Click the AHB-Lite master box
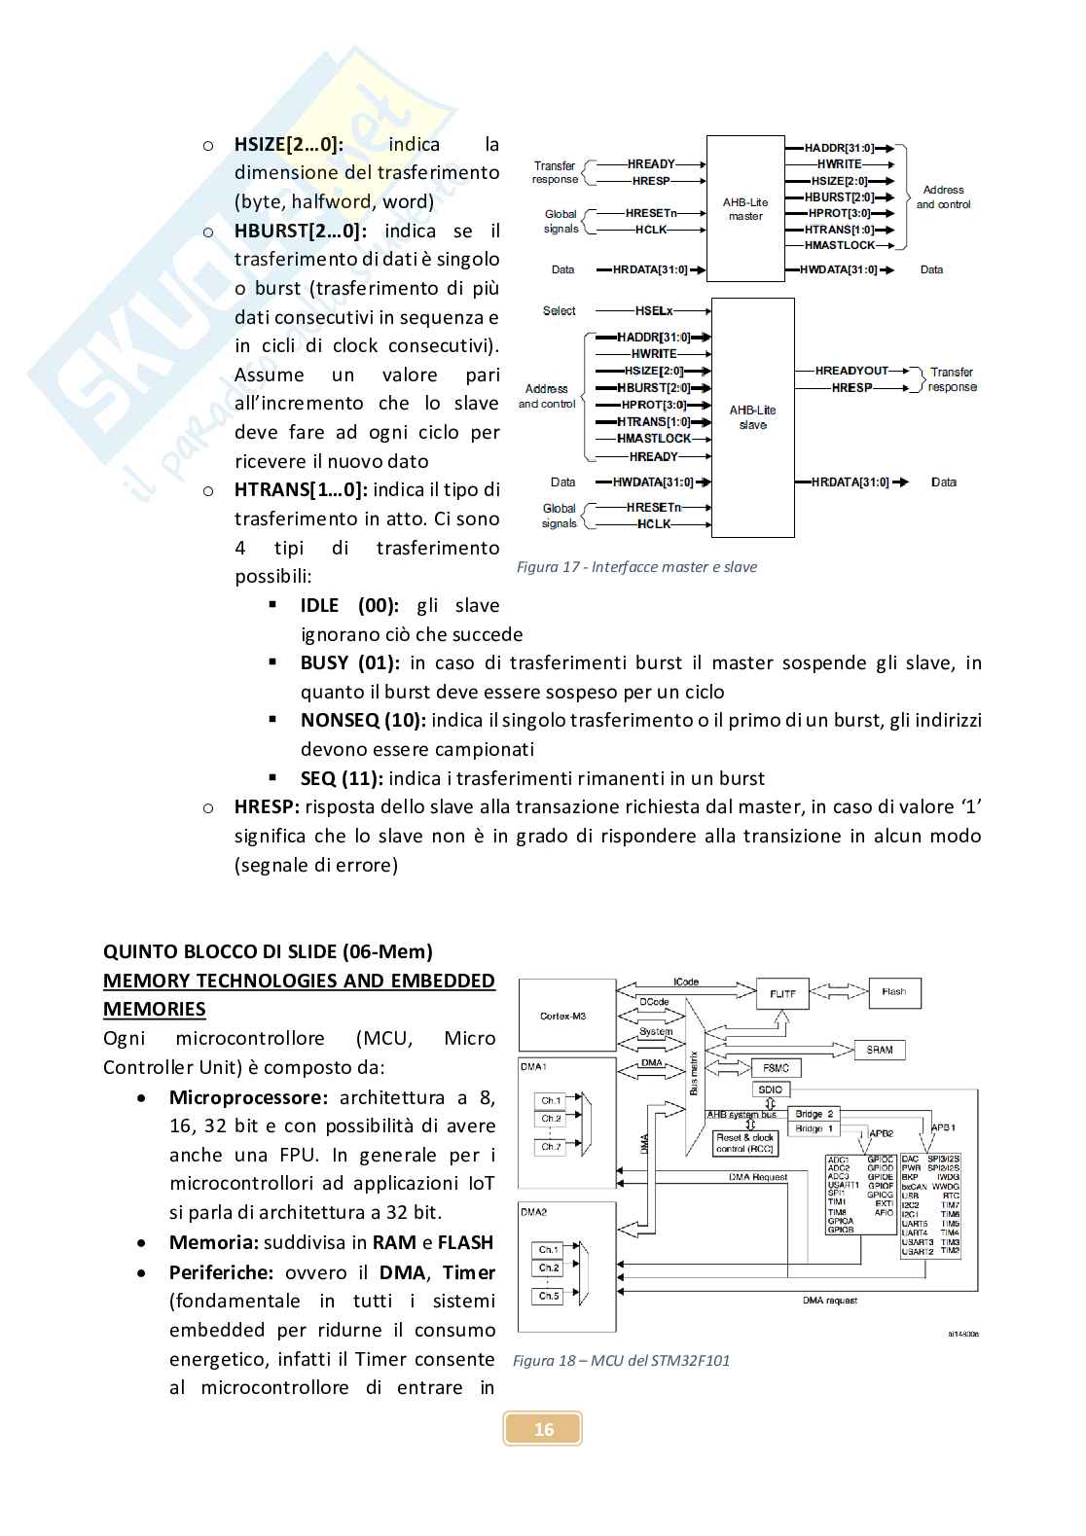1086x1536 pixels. (745, 208)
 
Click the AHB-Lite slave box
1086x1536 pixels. (752, 417)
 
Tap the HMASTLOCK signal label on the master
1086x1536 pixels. (840, 246)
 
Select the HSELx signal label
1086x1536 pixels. (654, 311)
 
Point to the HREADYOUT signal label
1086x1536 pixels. (851, 371)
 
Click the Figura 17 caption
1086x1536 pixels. (636, 567)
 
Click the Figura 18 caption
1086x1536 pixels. (621, 1360)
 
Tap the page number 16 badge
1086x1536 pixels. (543, 1428)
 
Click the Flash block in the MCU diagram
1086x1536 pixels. (893, 992)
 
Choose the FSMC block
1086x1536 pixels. (776, 1068)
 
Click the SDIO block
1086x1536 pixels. (770, 1089)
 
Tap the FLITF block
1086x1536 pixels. (782, 994)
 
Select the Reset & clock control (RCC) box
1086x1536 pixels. (744, 1143)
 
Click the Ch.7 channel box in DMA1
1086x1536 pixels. (551, 1147)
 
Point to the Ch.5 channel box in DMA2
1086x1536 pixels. (550, 1296)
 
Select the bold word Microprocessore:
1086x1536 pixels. (248, 1098)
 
